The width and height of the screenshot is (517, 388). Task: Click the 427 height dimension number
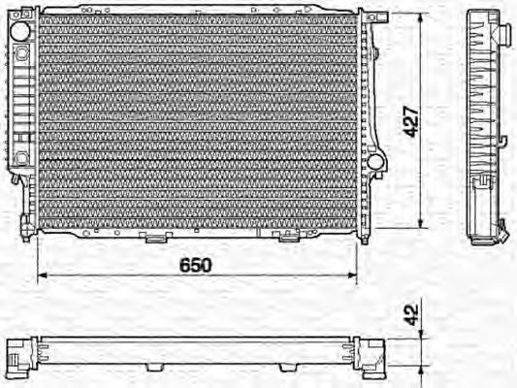point(413,121)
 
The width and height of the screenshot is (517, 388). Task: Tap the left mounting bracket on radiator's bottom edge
point(153,237)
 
